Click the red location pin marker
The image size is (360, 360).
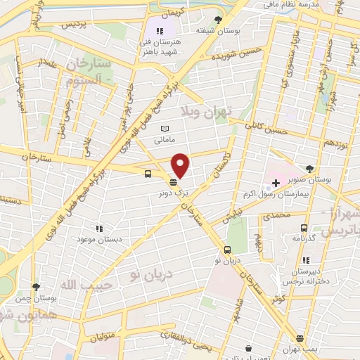coord(181,166)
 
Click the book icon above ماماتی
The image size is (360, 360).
coord(165,129)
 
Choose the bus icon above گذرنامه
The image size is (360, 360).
coord(304,228)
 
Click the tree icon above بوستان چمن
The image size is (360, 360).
coord(36,287)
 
